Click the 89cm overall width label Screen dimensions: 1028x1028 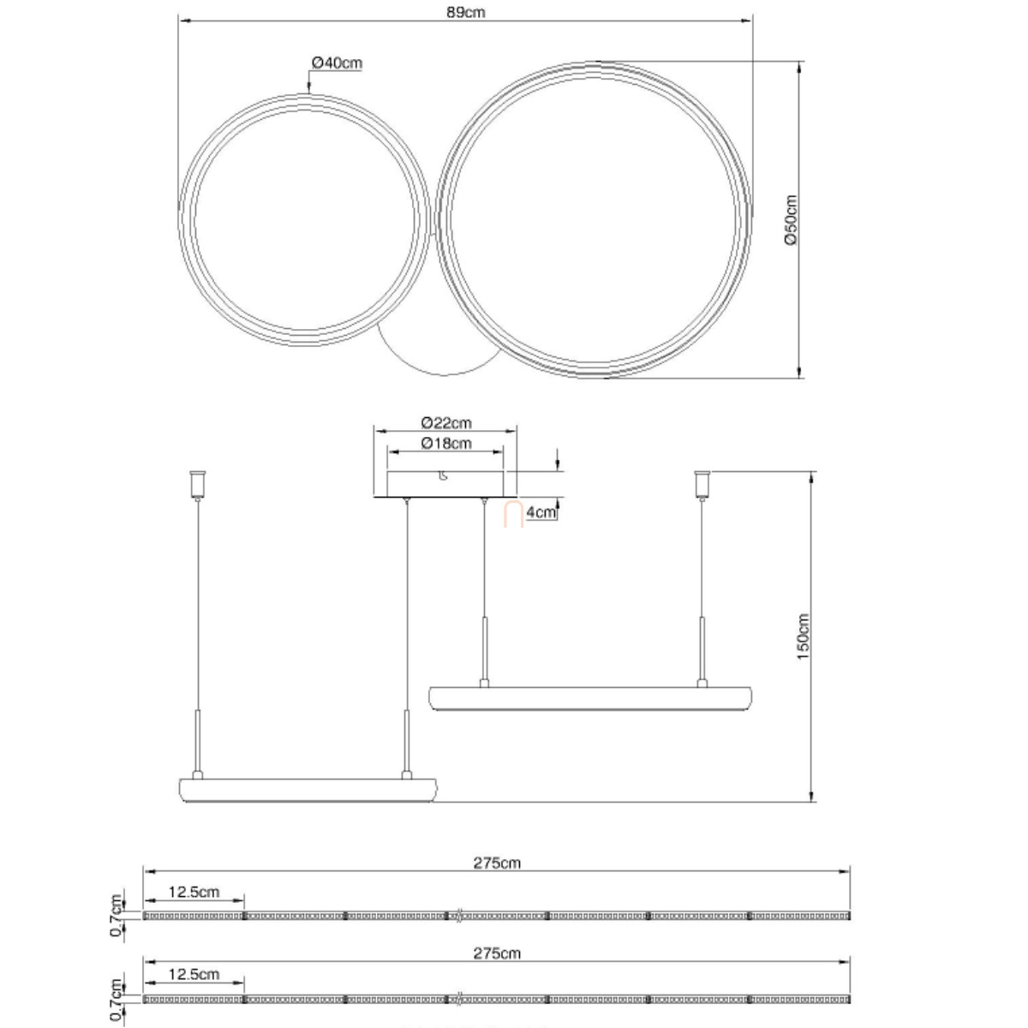point(465,12)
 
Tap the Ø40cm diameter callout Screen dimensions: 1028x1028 point(337,63)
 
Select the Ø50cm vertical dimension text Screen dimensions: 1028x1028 point(791,220)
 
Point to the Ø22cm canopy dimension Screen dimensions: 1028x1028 point(446,423)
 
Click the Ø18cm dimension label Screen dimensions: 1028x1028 point(446,443)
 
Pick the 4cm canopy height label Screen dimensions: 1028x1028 point(541,512)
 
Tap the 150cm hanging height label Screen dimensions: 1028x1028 point(803,637)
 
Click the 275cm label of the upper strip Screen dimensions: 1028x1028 point(497,864)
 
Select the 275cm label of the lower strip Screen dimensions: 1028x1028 point(497,953)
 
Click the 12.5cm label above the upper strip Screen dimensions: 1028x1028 point(194,892)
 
